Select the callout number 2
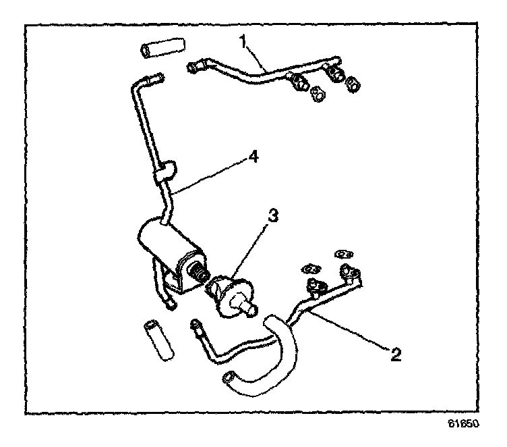pos(397,354)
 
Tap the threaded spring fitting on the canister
pos(200,273)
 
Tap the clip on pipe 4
pos(164,170)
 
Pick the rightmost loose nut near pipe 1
pos(353,84)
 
